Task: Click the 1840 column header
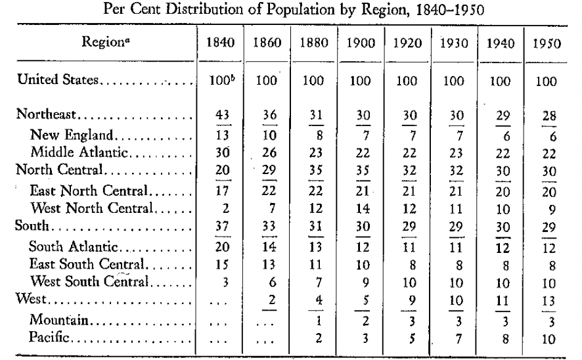(x=221, y=42)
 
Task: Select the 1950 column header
(x=547, y=43)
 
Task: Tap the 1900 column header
(x=361, y=43)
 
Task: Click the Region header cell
(x=106, y=41)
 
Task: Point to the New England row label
(x=71, y=135)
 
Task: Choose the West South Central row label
(x=89, y=281)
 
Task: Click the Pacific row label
(x=49, y=337)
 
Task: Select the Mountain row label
(x=58, y=319)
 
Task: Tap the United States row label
(x=58, y=79)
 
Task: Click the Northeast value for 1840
(x=222, y=115)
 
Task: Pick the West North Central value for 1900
(x=363, y=208)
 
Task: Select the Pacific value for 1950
(x=548, y=339)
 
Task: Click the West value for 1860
(x=272, y=299)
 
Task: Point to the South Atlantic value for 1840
(x=222, y=246)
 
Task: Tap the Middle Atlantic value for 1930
(x=456, y=152)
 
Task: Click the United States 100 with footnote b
(x=222, y=79)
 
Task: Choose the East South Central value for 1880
(x=316, y=264)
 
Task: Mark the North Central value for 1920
(x=409, y=170)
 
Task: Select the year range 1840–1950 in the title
(x=450, y=9)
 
